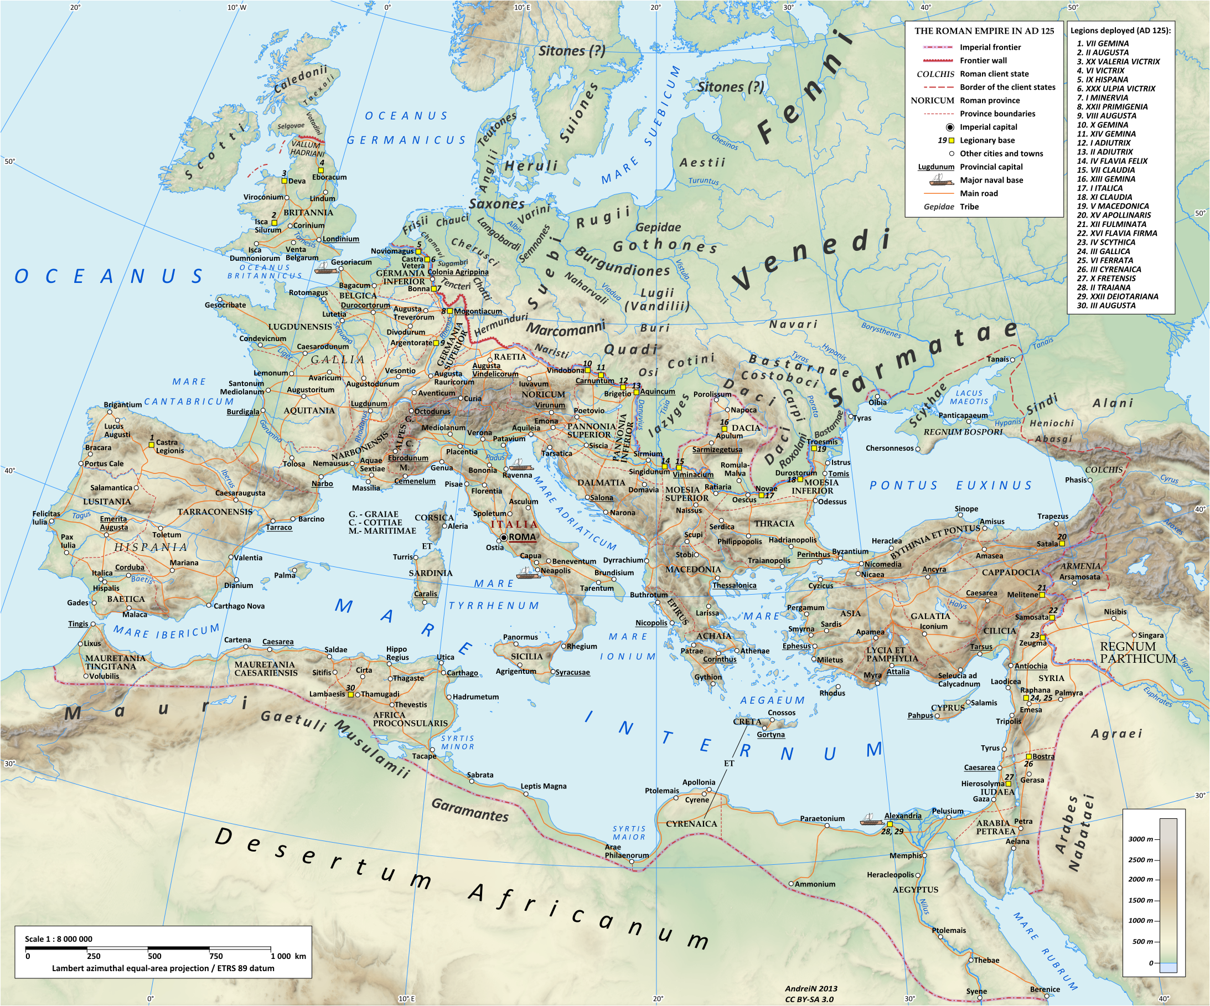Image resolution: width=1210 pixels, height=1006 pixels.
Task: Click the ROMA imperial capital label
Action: [x=522, y=537]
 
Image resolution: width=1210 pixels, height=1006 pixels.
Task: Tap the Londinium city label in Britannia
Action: [x=340, y=239]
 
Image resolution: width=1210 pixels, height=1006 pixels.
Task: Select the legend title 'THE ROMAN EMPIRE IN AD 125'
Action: [x=984, y=31]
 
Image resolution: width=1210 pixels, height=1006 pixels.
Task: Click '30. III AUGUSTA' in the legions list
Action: [x=1106, y=306]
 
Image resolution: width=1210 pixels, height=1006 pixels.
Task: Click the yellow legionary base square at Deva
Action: [x=284, y=180]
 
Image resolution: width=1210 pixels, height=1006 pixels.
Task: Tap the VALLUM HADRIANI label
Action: [x=307, y=148]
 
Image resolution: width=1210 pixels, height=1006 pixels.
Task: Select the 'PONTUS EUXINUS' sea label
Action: [x=951, y=486]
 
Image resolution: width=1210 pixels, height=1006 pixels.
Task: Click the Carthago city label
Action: [x=462, y=673]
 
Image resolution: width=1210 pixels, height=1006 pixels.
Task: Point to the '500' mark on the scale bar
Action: [x=154, y=956]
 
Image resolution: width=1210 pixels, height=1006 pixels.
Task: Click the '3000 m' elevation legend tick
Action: [x=1140, y=839]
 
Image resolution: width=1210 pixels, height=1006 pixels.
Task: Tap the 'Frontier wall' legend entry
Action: [x=983, y=60]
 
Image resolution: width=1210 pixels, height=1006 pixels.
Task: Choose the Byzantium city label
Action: [x=850, y=551]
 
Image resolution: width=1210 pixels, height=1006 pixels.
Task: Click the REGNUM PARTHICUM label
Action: [x=1137, y=652]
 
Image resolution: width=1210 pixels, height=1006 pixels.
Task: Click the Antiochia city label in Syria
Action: [x=1031, y=666]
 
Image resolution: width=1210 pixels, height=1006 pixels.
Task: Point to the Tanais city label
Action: [x=998, y=359]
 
